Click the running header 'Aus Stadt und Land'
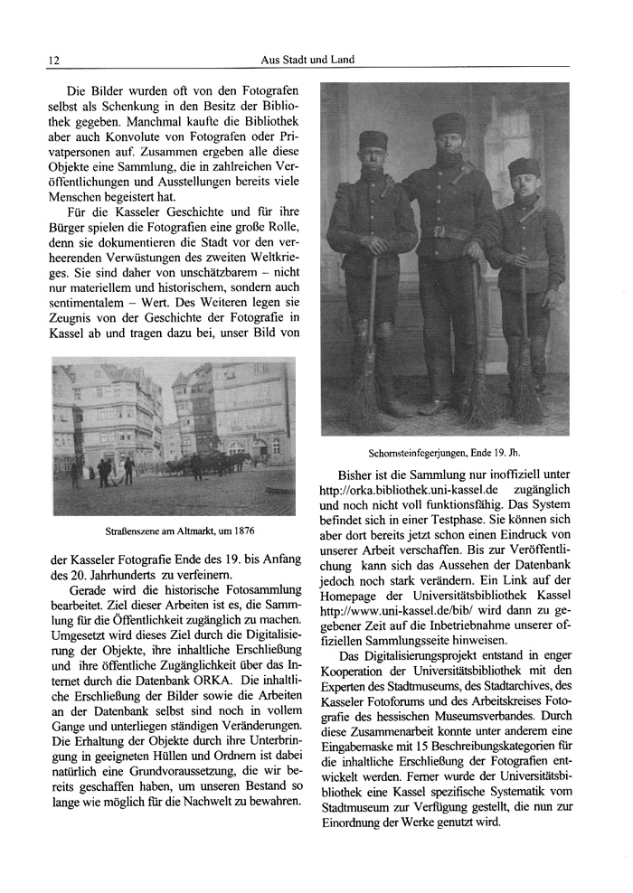tap(306, 60)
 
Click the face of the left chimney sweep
tap(372, 159)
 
